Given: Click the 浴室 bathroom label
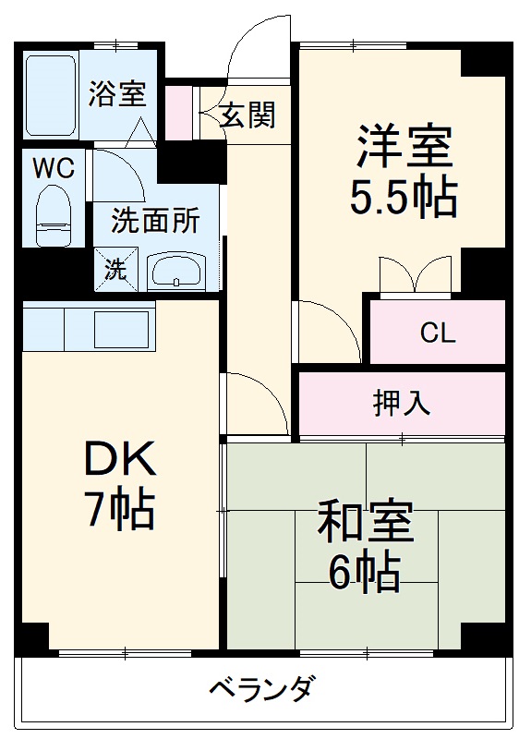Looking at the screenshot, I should click(117, 94).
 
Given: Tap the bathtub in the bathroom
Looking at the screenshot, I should click(51, 95).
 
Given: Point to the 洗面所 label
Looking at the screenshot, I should click(155, 222).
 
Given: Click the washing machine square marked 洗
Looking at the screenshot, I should click(114, 270).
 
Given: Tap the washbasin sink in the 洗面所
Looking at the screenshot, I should click(179, 273).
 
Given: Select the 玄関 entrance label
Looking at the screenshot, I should click(247, 115).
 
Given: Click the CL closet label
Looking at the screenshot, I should click(437, 333).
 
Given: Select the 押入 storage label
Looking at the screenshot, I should click(400, 404).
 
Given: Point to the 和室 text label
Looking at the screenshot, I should click(365, 524).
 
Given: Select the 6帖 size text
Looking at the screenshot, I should click(365, 572).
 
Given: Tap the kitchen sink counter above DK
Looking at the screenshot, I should click(89, 328).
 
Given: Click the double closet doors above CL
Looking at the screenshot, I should click(415, 274).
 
